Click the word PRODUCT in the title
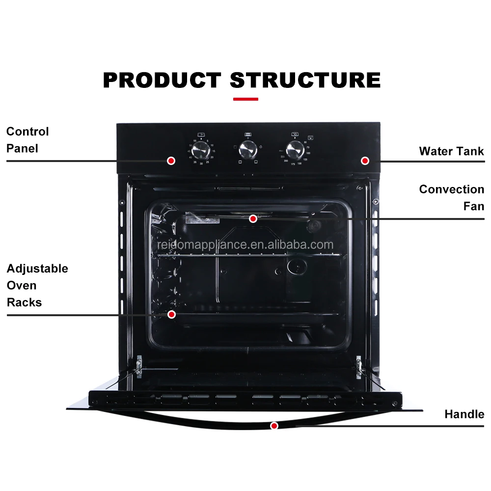click(162, 80)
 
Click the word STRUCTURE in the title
click(305, 80)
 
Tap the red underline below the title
click(245, 99)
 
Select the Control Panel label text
click(27, 139)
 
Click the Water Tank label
click(451, 151)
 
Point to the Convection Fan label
click(451, 197)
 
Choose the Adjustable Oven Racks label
click(37, 285)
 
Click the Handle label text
click(464, 414)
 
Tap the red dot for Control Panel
click(171, 161)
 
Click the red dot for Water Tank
click(365, 161)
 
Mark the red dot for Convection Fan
click(253, 218)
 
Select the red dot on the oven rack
click(172, 314)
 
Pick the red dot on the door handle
click(274, 426)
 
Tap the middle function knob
click(247, 148)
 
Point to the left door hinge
click(139, 366)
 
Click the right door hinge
click(359, 365)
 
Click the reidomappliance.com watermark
click(245, 245)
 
